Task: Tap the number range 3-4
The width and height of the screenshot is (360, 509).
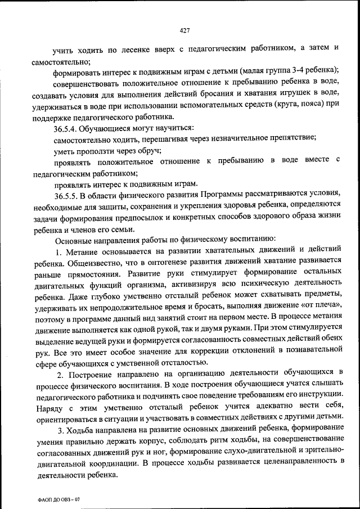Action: point(297,70)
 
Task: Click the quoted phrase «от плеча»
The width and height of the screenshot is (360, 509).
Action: point(319,305)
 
